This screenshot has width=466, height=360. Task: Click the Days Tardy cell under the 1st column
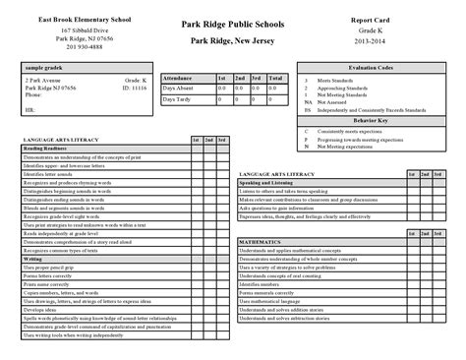(x=223, y=97)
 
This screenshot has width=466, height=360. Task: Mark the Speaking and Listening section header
(x=268, y=182)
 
